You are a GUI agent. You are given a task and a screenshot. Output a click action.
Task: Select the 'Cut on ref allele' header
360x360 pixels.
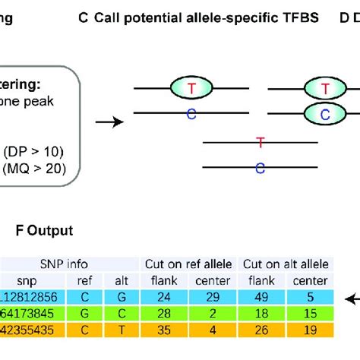pyautogui.click(x=190, y=264)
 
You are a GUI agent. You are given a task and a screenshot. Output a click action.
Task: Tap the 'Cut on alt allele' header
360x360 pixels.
pyautogui.click(x=284, y=264)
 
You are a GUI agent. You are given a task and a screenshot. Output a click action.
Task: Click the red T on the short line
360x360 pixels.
pyautogui.click(x=261, y=141)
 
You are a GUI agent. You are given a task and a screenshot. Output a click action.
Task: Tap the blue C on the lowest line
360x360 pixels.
pyautogui.click(x=261, y=168)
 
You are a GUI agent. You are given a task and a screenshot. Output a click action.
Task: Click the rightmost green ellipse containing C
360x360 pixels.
pyautogui.click(x=324, y=115)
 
